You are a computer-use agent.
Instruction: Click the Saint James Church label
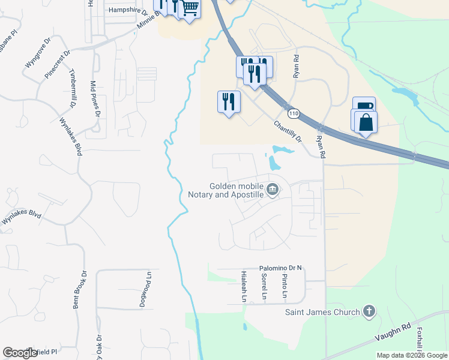(322, 312)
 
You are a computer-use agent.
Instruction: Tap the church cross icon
(369, 311)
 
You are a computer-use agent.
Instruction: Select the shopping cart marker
(190, 8)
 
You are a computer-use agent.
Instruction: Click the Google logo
(20, 353)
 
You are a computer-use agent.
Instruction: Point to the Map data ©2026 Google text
(412, 355)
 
